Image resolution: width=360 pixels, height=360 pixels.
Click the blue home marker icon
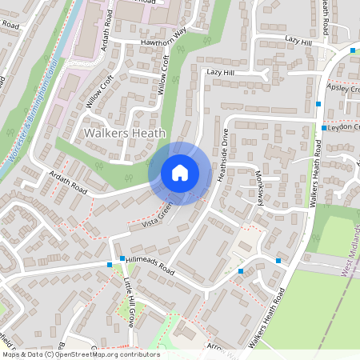180,172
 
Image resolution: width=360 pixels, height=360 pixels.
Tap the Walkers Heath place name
125,134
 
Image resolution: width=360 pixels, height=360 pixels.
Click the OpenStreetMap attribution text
80,354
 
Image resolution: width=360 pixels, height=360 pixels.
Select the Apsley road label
343,90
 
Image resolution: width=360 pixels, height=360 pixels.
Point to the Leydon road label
344,126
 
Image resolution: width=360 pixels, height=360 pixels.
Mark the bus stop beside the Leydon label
323,128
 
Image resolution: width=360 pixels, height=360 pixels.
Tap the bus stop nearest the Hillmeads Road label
122,258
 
